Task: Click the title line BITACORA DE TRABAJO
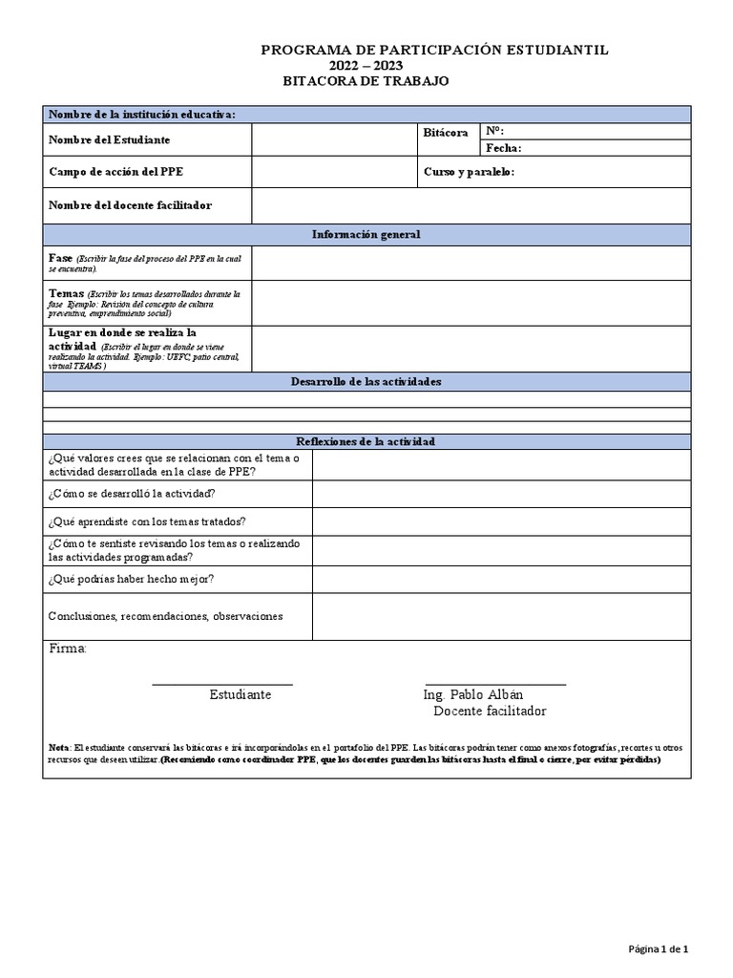click(366, 82)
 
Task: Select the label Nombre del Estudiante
click(109, 140)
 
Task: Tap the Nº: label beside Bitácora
click(494, 131)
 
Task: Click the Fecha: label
click(503, 148)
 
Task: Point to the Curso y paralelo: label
click(469, 172)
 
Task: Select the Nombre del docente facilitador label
click(130, 205)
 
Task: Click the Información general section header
click(366, 235)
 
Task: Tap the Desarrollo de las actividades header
click(366, 382)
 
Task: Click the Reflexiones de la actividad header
click(366, 441)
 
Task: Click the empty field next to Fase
click(471, 264)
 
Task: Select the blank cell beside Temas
click(471, 303)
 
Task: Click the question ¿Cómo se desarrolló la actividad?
click(132, 494)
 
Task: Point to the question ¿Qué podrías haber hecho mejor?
click(131, 580)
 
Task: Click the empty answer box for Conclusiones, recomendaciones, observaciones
click(501, 617)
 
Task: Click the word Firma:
click(67, 649)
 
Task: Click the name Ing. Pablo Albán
click(472, 694)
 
